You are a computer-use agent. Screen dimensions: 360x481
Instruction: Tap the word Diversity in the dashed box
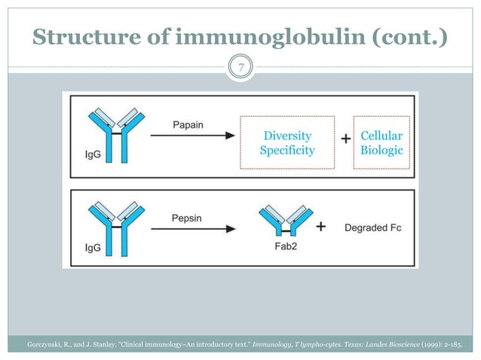point(286,136)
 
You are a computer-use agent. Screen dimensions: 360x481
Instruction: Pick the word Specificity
point(286,150)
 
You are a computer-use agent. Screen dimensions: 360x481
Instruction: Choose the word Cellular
point(381,136)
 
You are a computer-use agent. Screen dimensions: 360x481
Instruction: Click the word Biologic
point(381,150)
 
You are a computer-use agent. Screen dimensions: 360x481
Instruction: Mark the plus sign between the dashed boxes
point(345,139)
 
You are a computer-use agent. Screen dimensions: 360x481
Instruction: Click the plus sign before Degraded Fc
point(320,226)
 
